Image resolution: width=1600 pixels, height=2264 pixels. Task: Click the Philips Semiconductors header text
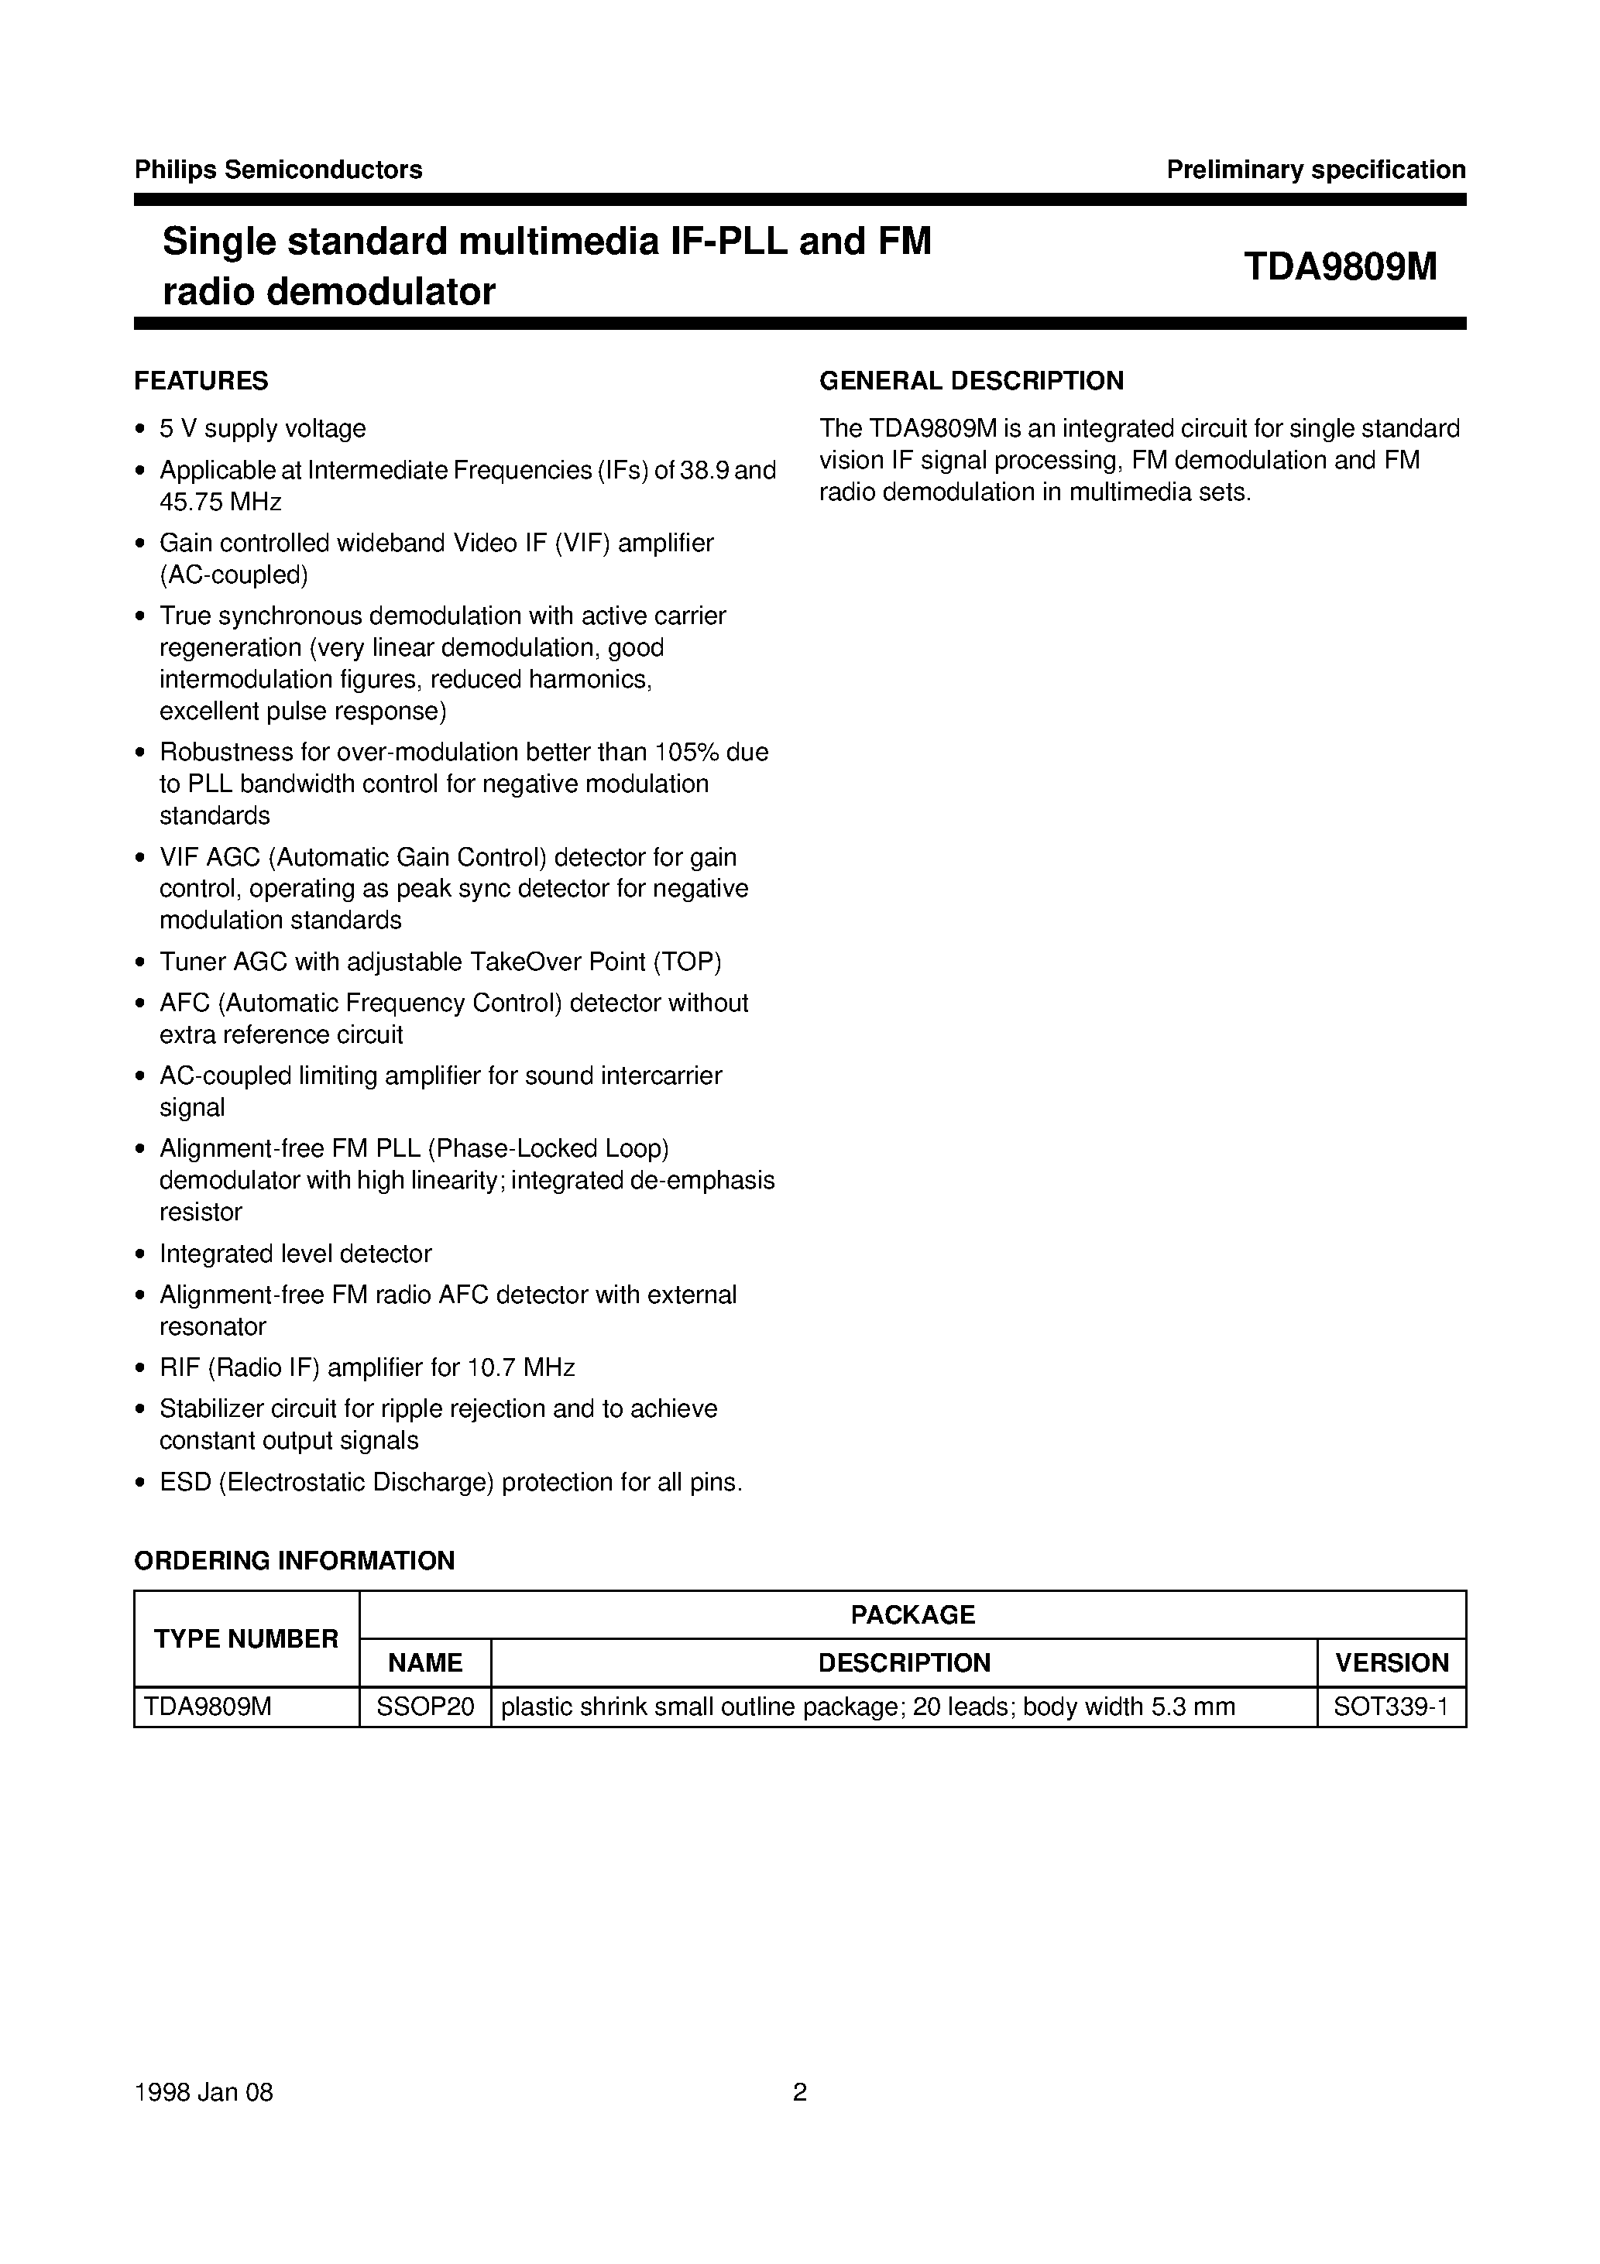click(x=278, y=170)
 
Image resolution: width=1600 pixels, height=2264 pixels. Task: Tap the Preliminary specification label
click(x=1316, y=170)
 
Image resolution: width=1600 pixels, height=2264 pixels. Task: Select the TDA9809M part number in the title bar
click(x=1341, y=266)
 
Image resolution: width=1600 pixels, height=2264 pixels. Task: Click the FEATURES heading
click(x=201, y=381)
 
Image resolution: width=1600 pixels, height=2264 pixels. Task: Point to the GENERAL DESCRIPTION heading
click(x=972, y=381)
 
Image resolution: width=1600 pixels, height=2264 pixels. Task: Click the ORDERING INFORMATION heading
click(x=294, y=1560)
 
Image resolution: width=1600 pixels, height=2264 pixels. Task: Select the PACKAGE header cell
click(x=912, y=1614)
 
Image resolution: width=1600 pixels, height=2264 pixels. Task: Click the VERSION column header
click(x=1392, y=1662)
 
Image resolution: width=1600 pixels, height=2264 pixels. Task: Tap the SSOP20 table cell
click(x=425, y=1706)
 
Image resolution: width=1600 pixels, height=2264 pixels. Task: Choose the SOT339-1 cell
click(x=1391, y=1706)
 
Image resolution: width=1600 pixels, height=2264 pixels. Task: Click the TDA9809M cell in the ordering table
click(x=207, y=1706)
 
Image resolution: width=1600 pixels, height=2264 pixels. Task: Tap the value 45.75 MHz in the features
click(x=221, y=502)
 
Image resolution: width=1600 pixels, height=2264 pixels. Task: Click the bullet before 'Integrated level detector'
click(x=140, y=1254)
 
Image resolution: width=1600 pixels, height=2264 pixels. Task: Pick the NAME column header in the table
click(x=425, y=1662)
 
